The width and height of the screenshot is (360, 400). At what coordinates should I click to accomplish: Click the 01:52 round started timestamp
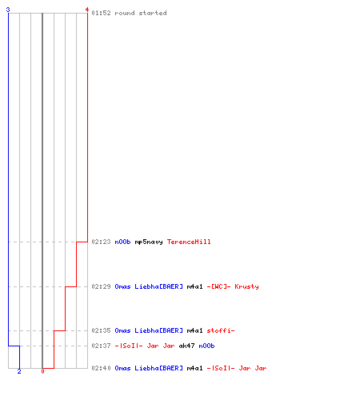(101, 13)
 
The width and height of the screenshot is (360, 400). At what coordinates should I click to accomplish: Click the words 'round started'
(141, 13)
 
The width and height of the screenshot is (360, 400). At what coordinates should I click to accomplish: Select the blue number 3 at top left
(8, 10)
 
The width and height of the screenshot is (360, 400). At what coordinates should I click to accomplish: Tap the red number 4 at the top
(87, 10)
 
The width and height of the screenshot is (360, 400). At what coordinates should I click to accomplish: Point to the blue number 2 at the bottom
(19, 371)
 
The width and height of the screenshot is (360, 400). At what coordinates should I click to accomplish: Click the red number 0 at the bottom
(42, 371)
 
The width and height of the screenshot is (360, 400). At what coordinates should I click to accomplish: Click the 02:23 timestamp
(101, 242)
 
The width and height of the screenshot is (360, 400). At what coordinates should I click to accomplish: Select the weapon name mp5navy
(149, 242)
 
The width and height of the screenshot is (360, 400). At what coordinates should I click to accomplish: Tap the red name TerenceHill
(189, 242)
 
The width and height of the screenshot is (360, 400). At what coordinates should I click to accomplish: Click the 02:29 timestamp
(101, 286)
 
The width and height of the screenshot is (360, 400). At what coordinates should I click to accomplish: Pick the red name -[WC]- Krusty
(233, 286)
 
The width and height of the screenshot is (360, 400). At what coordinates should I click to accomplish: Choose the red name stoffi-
(221, 330)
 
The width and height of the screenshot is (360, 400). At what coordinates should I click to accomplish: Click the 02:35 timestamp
(101, 330)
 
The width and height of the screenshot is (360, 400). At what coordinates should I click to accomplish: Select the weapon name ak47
(186, 346)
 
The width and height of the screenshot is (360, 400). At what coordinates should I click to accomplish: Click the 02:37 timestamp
(101, 346)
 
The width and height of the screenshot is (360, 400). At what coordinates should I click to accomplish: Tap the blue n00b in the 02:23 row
(122, 242)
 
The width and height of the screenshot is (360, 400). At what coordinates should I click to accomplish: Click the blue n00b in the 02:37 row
(206, 346)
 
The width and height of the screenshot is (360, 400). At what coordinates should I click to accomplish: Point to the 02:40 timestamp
(101, 368)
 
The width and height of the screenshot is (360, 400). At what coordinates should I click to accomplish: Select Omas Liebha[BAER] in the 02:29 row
(149, 286)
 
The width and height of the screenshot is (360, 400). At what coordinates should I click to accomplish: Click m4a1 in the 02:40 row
(194, 368)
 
